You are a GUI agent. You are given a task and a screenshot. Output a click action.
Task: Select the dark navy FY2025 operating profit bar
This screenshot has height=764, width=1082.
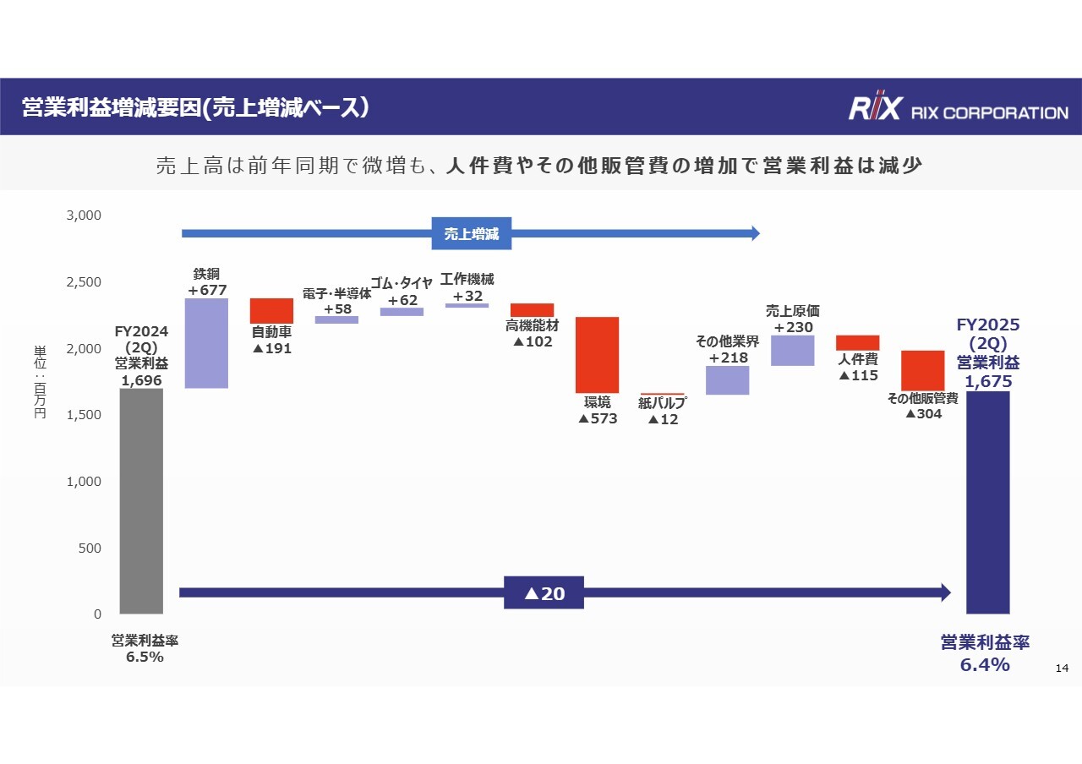(x=987, y=502)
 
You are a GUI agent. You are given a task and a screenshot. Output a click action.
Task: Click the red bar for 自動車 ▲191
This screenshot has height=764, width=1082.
(x=271, y=310)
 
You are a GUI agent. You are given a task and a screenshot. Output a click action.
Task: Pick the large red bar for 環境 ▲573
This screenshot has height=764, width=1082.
(x=597, y=355)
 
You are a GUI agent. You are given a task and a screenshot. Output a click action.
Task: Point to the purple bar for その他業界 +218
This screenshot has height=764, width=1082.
(x=727, y=380)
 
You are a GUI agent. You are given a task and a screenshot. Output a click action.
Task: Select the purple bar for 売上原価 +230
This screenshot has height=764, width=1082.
(x=793, y=351)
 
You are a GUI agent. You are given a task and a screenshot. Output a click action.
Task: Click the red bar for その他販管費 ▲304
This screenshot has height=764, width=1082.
(x=923, y=370)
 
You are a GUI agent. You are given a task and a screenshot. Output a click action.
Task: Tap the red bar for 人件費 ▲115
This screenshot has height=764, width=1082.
(x=857, y=342)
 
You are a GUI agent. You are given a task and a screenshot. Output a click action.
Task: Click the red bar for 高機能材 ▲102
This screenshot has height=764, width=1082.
(x=532, y=309)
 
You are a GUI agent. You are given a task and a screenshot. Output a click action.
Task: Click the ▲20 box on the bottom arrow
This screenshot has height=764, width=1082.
(x=544, y=593)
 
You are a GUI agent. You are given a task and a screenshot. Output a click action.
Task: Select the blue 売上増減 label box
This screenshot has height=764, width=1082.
(x=471, y=234)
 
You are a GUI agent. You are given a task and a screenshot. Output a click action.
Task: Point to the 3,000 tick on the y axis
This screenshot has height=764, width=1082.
(x=85, y=216)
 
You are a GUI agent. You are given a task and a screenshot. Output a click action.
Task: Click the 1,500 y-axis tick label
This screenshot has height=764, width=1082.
(x=85, y=415)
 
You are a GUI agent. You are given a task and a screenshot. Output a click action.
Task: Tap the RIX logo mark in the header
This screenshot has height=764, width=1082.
(x=874, y=108)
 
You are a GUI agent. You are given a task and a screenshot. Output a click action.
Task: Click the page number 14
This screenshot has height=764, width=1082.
(x=1063, y=668)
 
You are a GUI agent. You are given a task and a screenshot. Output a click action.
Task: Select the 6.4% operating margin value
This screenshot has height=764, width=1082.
(x=985, y=665)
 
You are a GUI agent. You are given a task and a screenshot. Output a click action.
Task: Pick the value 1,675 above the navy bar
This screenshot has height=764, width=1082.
(x=988, y=382)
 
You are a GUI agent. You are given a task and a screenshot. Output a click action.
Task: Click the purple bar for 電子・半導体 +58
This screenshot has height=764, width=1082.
(x=336, y=319)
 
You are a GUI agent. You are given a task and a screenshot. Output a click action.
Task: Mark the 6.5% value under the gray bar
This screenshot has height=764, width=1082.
(x=145, y=658)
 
